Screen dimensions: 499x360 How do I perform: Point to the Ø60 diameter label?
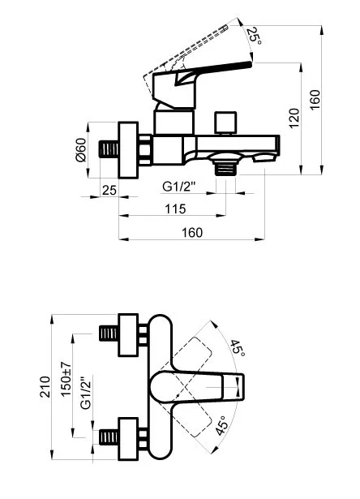click(x=80, y=150)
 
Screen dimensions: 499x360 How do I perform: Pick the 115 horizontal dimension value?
click(x=174, y=209)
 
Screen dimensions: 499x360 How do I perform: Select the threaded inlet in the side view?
click(x=105, y=149)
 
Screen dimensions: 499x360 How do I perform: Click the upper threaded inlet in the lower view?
click(x=108, y=333)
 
